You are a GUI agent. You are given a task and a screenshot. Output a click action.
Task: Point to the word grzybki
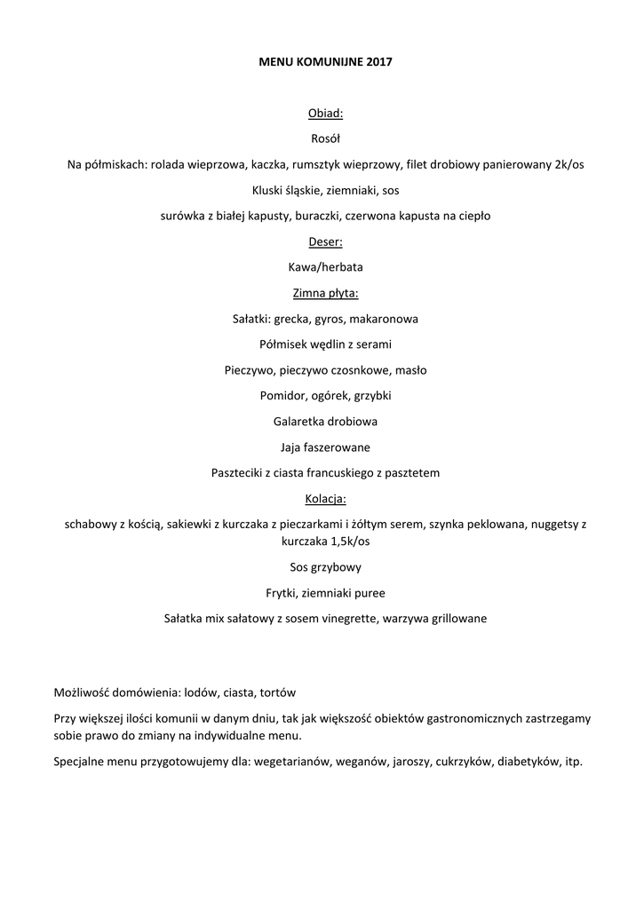[x=372, y=396]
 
